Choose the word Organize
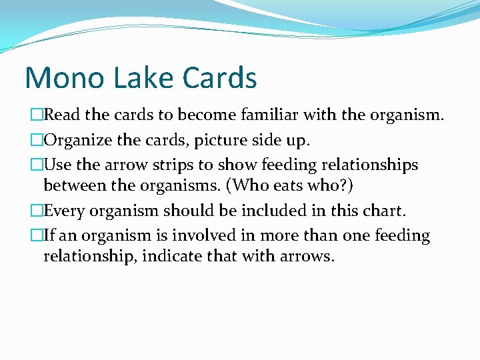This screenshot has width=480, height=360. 77,140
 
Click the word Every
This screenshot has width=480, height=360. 64,211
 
